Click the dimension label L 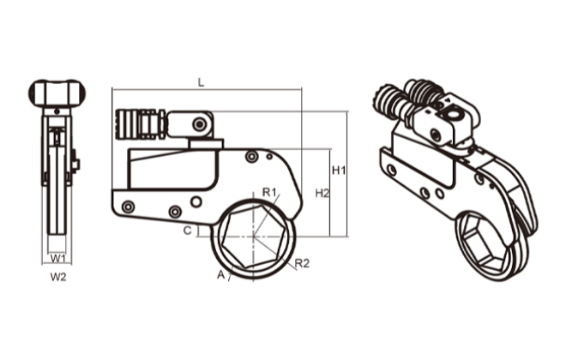click(x=201, y=81)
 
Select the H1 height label click(x=339, y=171)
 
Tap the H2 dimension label click(x=322, y=193)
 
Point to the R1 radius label click(x=269, y=192)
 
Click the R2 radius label click(x=301, y=263)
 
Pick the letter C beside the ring click(x=187, y=231)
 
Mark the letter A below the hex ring click(x=220, y=275)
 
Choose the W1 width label click(x=57, y=257)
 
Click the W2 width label click(x=57, y=277)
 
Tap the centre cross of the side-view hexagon click(x=255, y=238)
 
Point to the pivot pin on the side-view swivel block click(x=199, y=125)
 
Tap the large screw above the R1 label click(x=251, y=157)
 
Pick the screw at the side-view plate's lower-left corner click(x=128, y=207)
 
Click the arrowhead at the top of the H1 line click(x=346, y=113)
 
